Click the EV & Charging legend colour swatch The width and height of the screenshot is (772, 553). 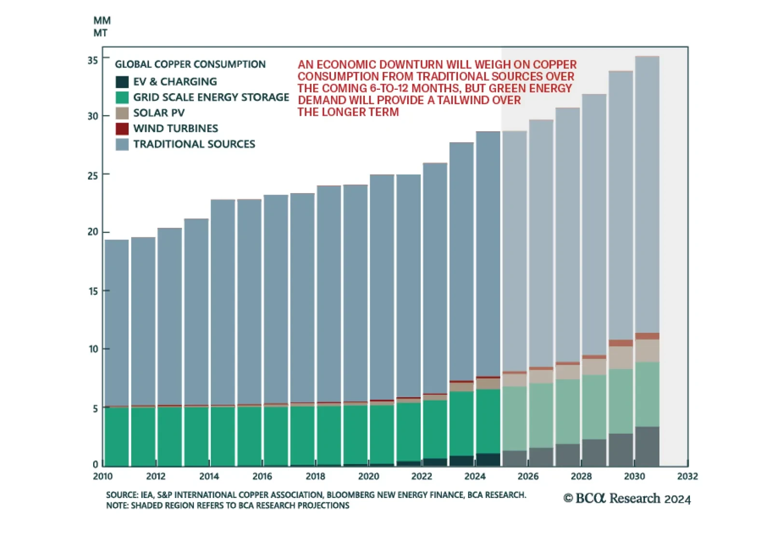coord(122,82)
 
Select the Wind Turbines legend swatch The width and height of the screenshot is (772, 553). coord(122,129)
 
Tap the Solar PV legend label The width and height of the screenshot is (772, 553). coord(159,113)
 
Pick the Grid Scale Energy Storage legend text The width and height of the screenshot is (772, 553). coord(211,97)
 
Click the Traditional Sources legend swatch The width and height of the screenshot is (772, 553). coord(122,144)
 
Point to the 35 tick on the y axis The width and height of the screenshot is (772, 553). coord(93,60)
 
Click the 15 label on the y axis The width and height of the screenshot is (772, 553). coord(93,291)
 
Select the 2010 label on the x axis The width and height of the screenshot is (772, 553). coord(103,477)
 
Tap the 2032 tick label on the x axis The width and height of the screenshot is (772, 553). coord(687,477)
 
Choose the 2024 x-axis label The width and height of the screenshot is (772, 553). coord(475,477)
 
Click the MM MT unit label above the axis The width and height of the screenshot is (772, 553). coord(102,27)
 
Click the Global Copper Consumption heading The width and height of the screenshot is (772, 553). coord(190,65)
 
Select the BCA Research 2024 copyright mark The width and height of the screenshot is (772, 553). coord(627,498)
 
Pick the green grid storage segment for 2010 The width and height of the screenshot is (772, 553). coord(117,437)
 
